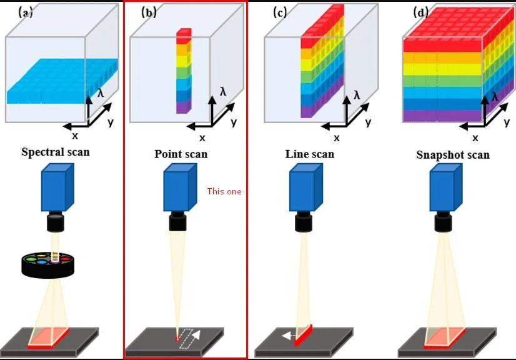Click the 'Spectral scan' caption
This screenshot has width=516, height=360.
56,151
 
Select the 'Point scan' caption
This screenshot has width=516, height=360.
181,154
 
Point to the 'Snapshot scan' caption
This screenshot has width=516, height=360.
453,154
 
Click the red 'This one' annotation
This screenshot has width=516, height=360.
224,191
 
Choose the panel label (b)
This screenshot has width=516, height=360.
149,12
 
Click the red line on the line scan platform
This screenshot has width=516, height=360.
303,334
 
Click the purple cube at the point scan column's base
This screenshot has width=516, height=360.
183,107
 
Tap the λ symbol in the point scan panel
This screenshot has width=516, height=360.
223,91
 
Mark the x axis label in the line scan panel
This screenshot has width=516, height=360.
336,137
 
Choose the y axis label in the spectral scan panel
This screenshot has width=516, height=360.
111,122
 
